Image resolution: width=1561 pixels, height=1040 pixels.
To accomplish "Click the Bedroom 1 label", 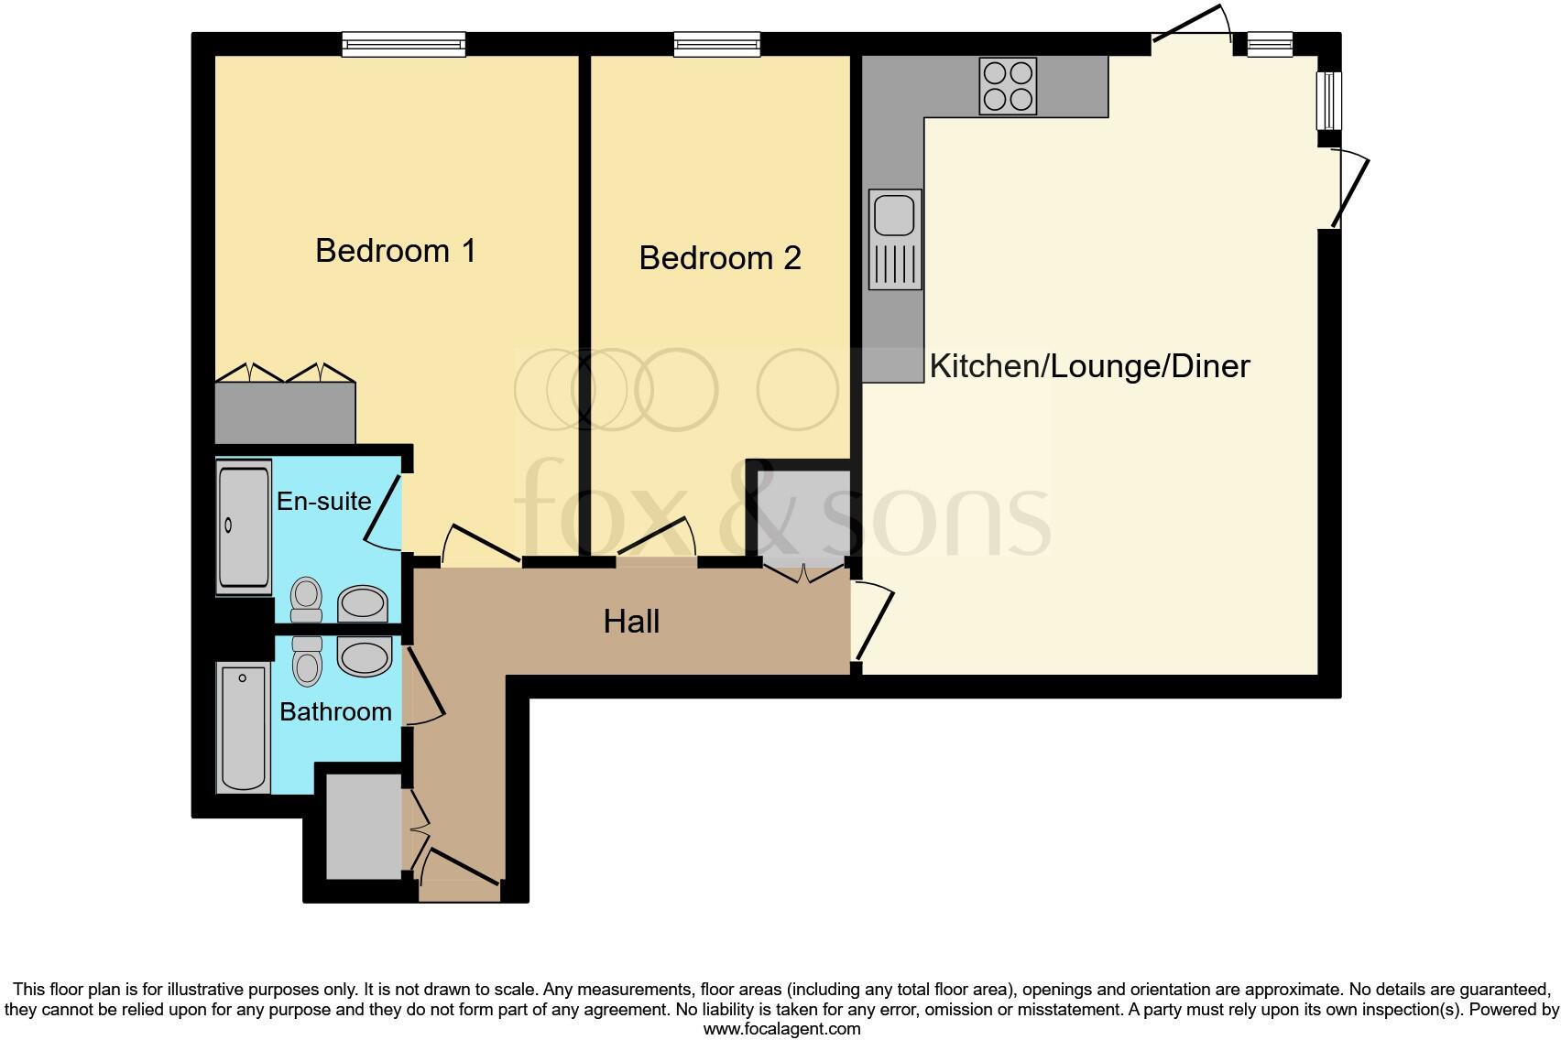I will (x=396, y=251).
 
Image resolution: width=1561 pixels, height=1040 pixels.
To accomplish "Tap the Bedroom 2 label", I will (x=720, y=258).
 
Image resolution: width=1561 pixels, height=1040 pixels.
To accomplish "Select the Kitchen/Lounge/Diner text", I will (x=1089, y=366).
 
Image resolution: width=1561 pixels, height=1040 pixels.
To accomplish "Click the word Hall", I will (x=631, y=623).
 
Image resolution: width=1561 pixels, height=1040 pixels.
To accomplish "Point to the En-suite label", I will (x=323, y=501).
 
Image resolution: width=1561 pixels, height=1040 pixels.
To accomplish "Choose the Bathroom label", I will (x=335, y=711).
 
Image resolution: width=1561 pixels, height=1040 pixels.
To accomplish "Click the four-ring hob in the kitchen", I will (x=1008, y=86).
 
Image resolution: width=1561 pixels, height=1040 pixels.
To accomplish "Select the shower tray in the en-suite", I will (x=244, y=527).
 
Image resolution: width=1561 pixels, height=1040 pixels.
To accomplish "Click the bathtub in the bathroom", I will (x=244, y=728).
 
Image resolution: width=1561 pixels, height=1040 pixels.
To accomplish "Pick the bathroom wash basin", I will (x=365, y=657).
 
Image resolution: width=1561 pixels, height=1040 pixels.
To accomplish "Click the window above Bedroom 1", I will (x=403, y=43).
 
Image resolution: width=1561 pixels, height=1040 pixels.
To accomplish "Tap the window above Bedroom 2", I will (x=716, y=43).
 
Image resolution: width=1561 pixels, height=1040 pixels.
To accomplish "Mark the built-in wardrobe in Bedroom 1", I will (x=285, y=413).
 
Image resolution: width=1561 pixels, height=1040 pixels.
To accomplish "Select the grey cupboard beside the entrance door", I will (x=364, y=826).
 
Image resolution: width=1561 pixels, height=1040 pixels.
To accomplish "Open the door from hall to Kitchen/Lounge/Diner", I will (x=873, y=623).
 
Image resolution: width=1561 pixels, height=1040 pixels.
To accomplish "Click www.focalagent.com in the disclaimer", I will (x=781, y=1028).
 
